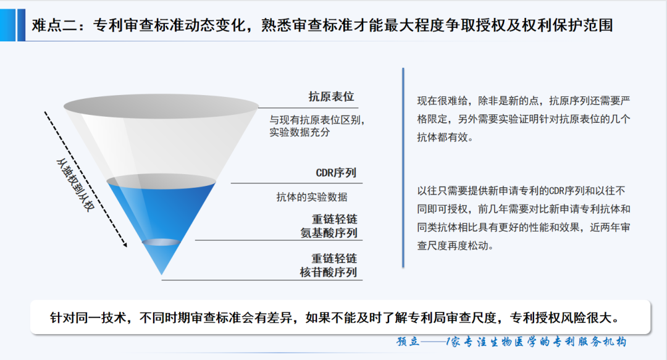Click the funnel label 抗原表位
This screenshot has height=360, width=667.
[x=332, y=97]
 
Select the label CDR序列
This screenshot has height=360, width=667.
[x=336, y=173]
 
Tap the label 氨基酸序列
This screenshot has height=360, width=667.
[x=329, y=233]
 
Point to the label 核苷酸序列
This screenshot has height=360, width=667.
[x=329, y=272]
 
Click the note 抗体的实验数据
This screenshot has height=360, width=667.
[x=312, y=197]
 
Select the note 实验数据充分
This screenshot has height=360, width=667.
[x=300, y=132]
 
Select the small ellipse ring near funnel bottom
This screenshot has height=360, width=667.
[x=161, y=242]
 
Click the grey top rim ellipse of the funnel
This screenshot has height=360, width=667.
[x=161, y=105]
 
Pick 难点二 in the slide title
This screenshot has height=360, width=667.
[x=52, y=25]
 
